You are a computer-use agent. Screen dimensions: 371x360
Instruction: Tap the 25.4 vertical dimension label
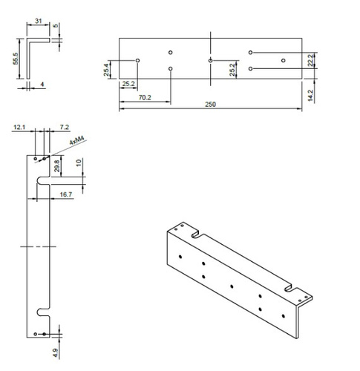click(107, 70)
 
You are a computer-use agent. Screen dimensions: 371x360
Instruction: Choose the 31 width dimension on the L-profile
click(37, 22)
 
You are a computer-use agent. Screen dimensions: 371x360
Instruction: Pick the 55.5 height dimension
click(16, 59)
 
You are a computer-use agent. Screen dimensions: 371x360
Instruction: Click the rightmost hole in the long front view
click(282, 60)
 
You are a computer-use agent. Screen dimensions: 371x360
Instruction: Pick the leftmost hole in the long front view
click(139, 60)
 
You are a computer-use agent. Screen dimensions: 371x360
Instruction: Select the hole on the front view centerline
click(211, 60)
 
